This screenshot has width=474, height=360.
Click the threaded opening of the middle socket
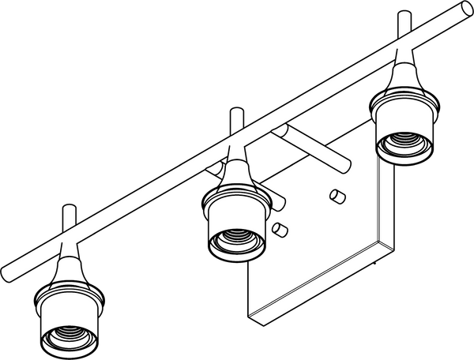point(234,239)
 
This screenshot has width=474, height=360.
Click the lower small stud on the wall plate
point(277,228)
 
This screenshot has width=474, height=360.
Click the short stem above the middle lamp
point(235,123)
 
